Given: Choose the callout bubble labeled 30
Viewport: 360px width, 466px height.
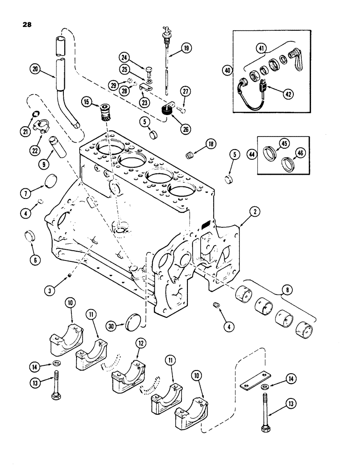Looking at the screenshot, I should pos(111,327).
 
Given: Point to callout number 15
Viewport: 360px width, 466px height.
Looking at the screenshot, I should pos(86,101).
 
